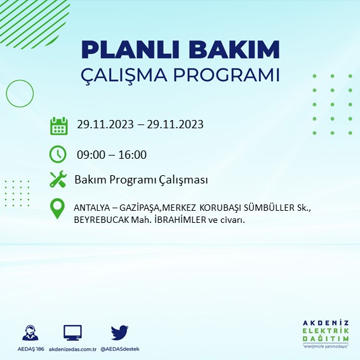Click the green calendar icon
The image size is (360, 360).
(58, 125)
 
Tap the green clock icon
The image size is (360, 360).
(58, 154)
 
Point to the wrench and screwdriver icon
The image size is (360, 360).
(58, 180)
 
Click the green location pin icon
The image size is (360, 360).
(58, 209)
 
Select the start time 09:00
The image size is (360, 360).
(89, 154)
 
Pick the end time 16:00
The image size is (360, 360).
(132, 154)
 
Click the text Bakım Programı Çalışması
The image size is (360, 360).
(141, 180)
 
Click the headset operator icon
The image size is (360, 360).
(29, 333)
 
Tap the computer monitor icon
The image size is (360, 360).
(72, 333)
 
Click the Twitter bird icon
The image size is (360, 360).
(119, 333)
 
